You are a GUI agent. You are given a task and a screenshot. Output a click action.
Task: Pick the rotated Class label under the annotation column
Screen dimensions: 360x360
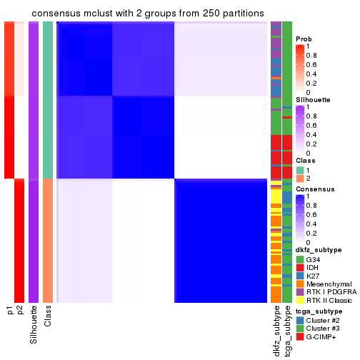[x=48, y=317]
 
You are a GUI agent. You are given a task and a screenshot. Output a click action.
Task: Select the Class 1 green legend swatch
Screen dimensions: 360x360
[x=300, y=169]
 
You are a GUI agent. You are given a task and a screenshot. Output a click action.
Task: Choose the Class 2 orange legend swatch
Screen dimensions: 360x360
[x=300, y=179]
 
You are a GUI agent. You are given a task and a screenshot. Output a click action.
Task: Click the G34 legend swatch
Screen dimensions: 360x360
[x=300, y=259]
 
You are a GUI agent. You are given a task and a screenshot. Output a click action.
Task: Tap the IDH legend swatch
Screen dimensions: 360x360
[x=300, y=267]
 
